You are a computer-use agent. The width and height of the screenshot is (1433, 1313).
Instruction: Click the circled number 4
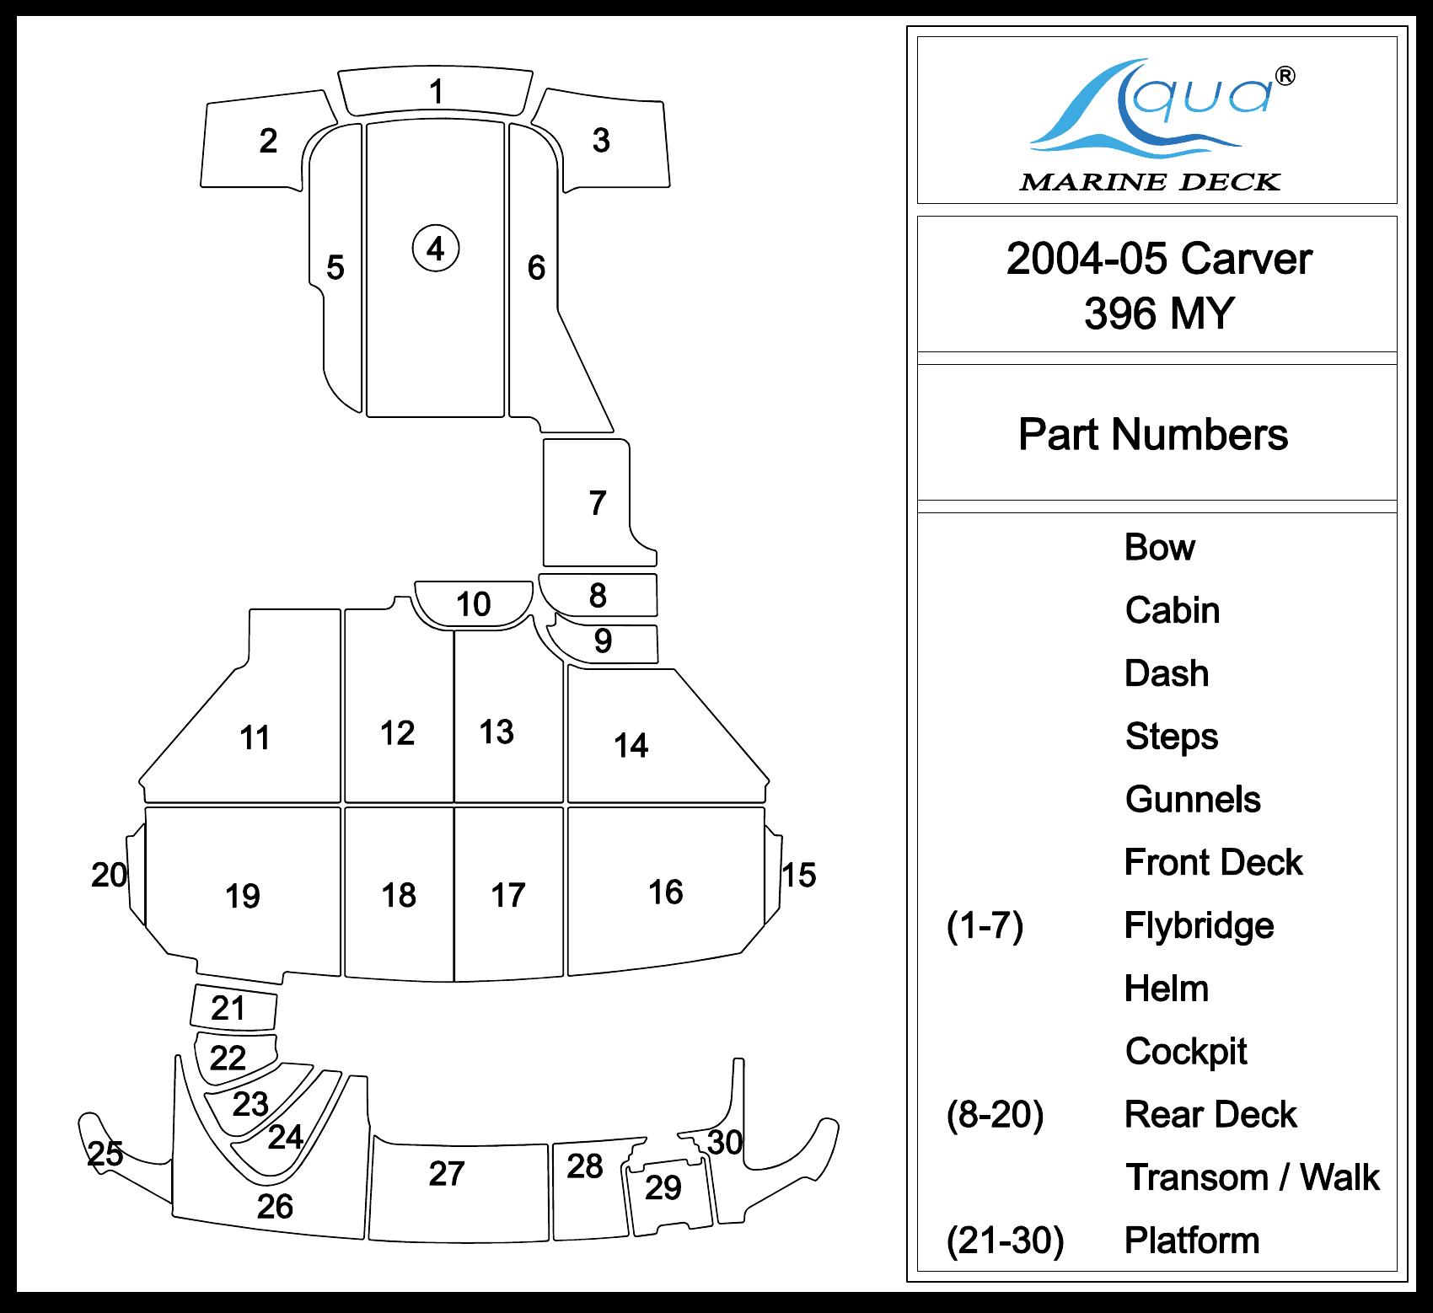click(435, 249)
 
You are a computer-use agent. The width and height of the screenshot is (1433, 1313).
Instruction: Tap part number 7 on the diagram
click(598, 503)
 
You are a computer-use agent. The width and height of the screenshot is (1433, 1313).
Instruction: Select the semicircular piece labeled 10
click(473, 603)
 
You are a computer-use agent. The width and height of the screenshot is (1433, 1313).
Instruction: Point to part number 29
click(663, 1187)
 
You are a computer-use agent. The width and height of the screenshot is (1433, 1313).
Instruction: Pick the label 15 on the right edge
click(798, 876)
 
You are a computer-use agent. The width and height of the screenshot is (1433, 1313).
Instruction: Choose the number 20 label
click(109, 876)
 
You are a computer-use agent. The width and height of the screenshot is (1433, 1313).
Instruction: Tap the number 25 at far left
click(105, 1154)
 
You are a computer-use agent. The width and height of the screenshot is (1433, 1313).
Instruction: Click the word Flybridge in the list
click(1199, 925)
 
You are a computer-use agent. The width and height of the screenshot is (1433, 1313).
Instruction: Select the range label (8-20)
click(995, 1115)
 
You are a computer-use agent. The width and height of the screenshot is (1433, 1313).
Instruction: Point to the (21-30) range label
click(1005, 1241)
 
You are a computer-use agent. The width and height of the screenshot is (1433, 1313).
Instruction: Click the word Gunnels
click(1193, 800)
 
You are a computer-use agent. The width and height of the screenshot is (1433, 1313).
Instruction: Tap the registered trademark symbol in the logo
click(1285, 76)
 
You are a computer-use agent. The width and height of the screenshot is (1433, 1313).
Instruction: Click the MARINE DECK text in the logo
click(1150, 181)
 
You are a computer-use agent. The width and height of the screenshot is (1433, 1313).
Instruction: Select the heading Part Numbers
click(1153, 435)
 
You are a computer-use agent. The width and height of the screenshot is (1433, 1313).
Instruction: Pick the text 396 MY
click(1159, 313)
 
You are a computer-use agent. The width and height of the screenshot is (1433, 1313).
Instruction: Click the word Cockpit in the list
click(1186, 1052)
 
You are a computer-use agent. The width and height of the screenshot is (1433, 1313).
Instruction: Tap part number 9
click(603, 641)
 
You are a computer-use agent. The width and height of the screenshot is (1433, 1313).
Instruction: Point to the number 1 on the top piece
click(436, 91)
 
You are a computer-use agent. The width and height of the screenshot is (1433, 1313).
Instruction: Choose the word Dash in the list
click(1167, 673)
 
